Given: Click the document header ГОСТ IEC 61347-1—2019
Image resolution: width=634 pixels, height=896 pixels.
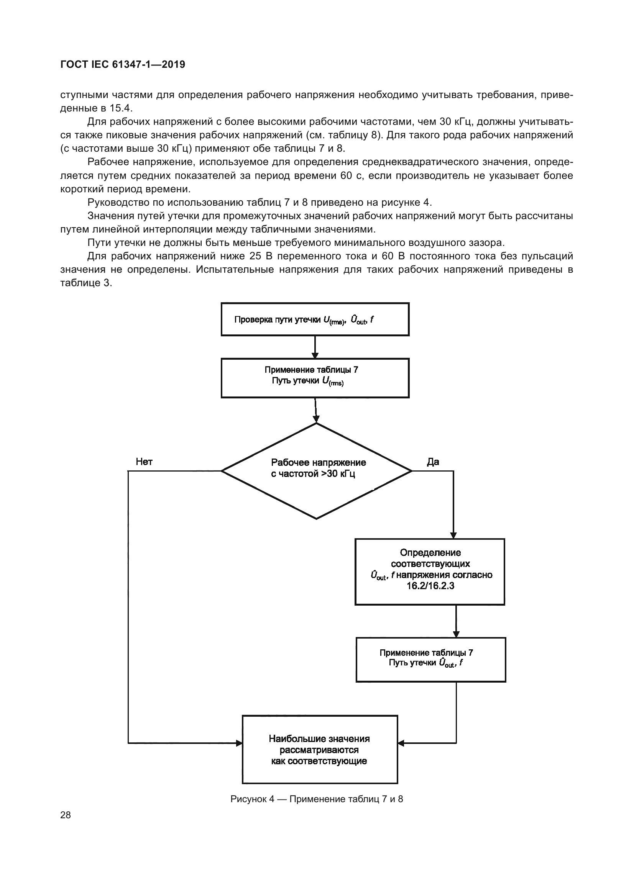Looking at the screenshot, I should coord(123,64).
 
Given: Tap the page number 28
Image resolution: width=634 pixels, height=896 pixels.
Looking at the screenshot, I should coord(66,815).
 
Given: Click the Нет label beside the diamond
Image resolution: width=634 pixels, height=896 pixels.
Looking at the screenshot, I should coord(144,462).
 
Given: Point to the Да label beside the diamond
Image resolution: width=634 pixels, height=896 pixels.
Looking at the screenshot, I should coord(433,462).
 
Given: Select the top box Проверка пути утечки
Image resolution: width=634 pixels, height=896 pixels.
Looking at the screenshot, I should coord(315,319).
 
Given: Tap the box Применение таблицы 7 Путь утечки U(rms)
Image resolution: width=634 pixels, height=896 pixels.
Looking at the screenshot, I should coord(315,377).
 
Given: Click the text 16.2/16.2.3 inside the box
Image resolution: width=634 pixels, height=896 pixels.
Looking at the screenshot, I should coord(430,586).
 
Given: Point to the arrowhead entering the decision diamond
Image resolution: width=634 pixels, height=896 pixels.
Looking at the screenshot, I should coord(316,419).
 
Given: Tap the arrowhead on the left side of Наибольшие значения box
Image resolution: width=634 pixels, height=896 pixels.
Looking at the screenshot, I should coord(239,743).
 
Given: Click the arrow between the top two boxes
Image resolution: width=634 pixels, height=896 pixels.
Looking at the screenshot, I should coord(315,347).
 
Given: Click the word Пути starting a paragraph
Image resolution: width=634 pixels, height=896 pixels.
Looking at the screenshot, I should coord(100,242).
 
